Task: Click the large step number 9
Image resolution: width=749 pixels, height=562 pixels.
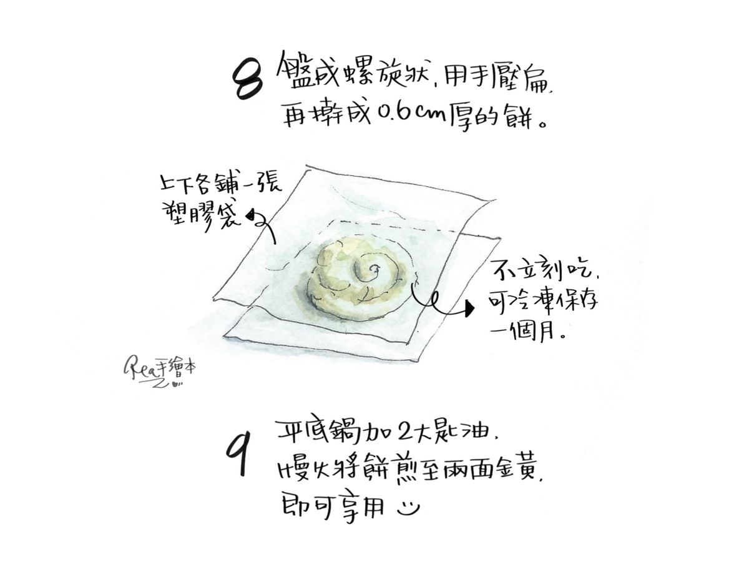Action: [238, 453]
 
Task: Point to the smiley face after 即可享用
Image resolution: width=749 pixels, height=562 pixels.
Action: [408, 509]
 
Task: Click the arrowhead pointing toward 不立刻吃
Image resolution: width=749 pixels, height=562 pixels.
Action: [469, 309]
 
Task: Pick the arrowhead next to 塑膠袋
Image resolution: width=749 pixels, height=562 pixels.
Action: [251, 215]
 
